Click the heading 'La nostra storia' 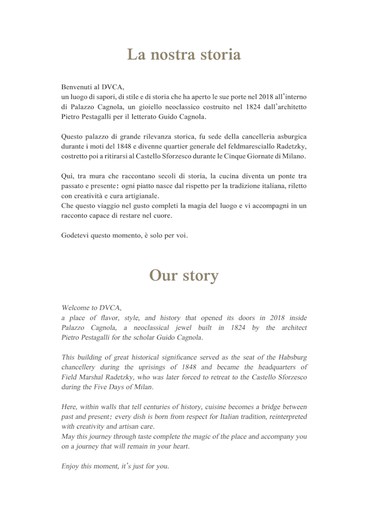[183, 55]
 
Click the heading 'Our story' [183, 276]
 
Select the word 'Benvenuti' [76, 87]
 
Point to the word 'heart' [177, 446]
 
